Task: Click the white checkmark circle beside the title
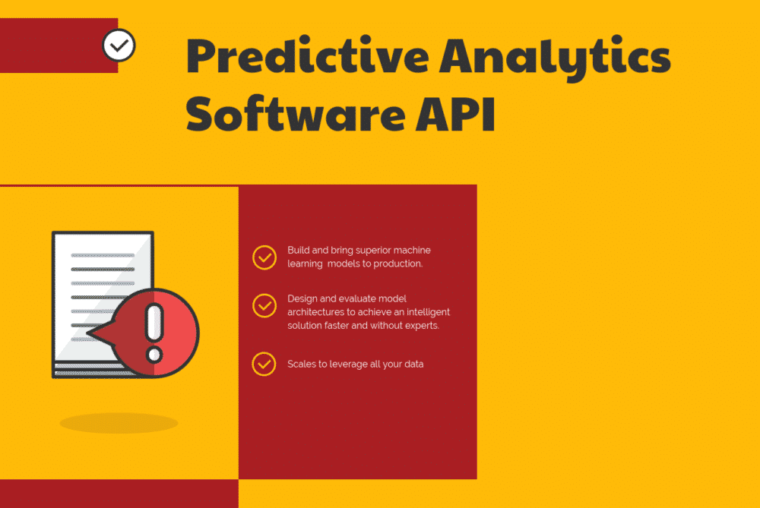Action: [x=119, y=46]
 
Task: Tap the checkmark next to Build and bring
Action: [x=264, y=257]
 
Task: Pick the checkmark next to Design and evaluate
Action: [x=264, y=305]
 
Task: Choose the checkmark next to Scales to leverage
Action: [x=264, y=364]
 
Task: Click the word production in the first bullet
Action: [x=395, y=264]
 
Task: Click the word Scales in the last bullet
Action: [x=301, y=364]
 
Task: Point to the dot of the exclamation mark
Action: [x=154, y=354]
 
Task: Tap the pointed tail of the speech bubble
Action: [x=90, y=333]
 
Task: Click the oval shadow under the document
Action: [x=119, y=423]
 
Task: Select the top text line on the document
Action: [x=103, y=255]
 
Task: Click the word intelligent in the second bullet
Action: [x=424, y=312]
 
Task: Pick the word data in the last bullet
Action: [x=413, y=364]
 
